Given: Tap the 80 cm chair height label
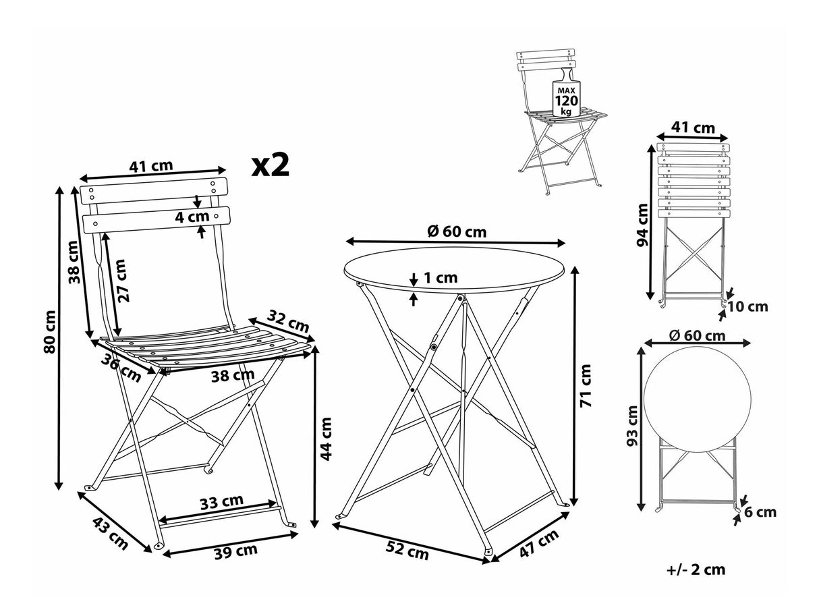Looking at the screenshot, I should click(48, 331).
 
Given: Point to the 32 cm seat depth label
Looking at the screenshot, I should click(283, 320).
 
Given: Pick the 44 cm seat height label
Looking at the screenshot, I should click(326, 439).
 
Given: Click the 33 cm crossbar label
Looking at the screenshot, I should click(221, 501).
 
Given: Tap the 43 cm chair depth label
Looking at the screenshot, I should click(109, 531).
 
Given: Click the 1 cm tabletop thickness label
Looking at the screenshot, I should click(440, 277).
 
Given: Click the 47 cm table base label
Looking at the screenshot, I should click(539, 545).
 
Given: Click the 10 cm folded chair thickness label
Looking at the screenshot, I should click(748, 307).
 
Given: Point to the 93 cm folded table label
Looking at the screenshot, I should click(632, 426).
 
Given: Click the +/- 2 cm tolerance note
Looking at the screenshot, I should click(696, 569).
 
